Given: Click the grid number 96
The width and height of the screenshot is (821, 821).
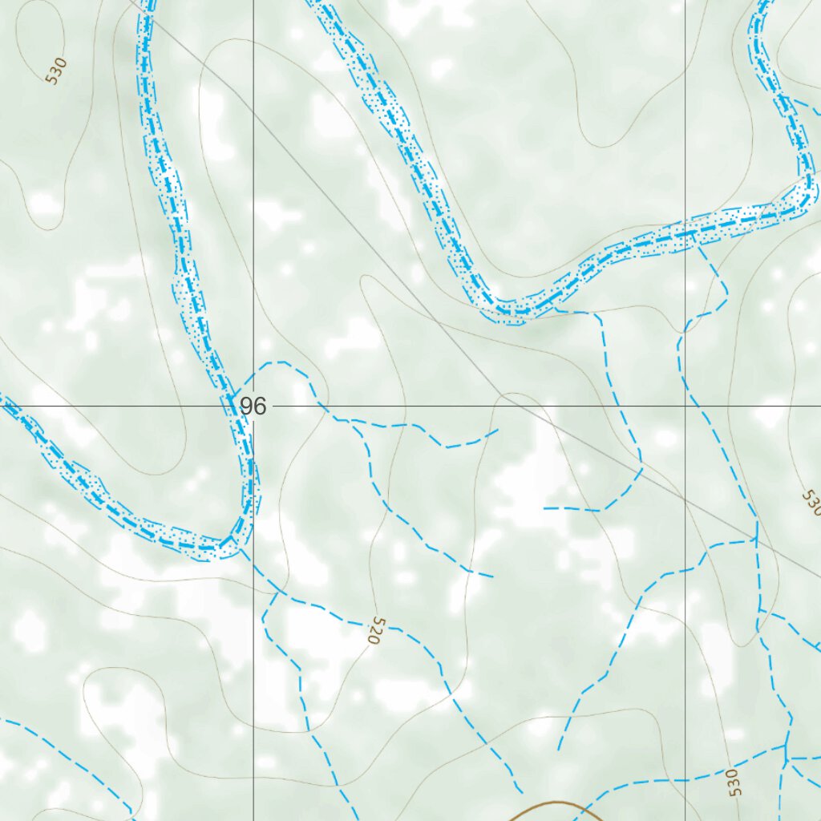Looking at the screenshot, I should [253, 406].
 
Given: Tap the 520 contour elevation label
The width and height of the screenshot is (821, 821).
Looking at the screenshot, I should [374, 631].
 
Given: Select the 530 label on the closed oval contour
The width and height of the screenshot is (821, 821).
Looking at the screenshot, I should [55, 71].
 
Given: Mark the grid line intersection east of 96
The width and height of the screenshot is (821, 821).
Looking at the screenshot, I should [685, 406].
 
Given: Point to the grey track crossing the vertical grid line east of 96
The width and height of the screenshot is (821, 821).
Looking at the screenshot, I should [685, 497].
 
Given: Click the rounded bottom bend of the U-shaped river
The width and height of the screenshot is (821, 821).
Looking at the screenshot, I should [513, 309].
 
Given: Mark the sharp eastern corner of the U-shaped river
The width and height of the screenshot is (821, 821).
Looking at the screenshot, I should [810, 196].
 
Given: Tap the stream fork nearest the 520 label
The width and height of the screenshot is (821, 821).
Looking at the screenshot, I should [277, 593].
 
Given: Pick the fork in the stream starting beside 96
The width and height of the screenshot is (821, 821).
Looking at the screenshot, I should [350, 420].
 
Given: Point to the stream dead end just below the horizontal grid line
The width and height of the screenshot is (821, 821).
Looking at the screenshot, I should [497, 431].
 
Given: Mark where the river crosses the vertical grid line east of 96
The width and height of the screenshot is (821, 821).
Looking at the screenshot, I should [685, 233].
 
